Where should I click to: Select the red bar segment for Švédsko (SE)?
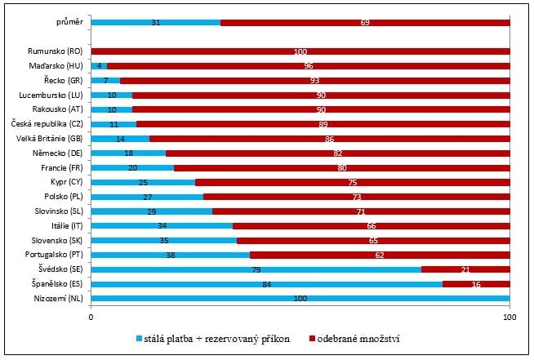coord(465,269)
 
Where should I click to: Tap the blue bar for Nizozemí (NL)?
coord(300,298)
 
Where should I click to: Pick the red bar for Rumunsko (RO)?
coord(300,51)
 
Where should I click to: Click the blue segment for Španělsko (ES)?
coord(266,283)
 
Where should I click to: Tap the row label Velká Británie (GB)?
coord(51,138)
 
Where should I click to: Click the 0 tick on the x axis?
coord(91,317)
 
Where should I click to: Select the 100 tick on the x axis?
coord(510,317)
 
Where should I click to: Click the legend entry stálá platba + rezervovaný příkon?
coord(214,338)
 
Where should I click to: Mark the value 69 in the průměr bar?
coord(365,22)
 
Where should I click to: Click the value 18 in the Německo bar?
coord(128,153)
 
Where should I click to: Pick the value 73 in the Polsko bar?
coord(356,196)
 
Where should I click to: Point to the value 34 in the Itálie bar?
coord(162,225)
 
